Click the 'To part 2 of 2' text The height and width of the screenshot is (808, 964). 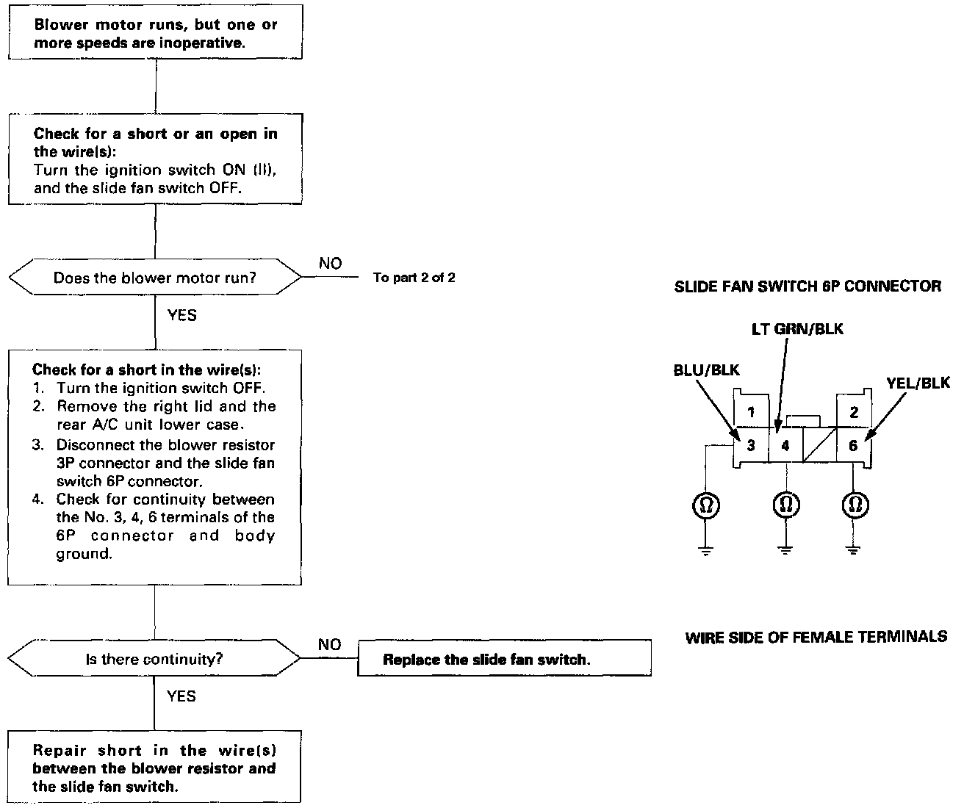click(414, 278)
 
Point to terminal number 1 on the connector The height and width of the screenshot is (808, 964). click(751, 411)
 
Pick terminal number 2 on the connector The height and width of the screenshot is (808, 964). click(854, 411)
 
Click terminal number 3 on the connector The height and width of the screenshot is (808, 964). click(751, 445)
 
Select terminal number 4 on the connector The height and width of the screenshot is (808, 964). click(785, 445)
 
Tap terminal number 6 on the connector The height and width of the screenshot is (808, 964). click(853, 445)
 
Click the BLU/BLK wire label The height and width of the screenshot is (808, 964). click(706, 369)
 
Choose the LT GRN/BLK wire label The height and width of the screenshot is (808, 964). click(797, 329)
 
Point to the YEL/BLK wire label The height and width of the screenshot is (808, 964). click(918, 383)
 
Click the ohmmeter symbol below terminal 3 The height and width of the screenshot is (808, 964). click(706, 505)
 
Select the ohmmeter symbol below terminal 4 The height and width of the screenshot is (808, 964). click(786, 504)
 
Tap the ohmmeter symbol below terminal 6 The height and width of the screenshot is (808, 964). click(855, 504)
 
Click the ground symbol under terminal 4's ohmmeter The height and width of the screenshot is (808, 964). click(785, 549)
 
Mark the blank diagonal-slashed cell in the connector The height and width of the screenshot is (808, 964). click(819, 445)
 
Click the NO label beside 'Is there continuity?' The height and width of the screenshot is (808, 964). click(330, 644)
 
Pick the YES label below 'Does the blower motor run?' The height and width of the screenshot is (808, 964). click(182, 315)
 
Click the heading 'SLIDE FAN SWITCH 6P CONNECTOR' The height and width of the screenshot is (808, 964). click(807, 286)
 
